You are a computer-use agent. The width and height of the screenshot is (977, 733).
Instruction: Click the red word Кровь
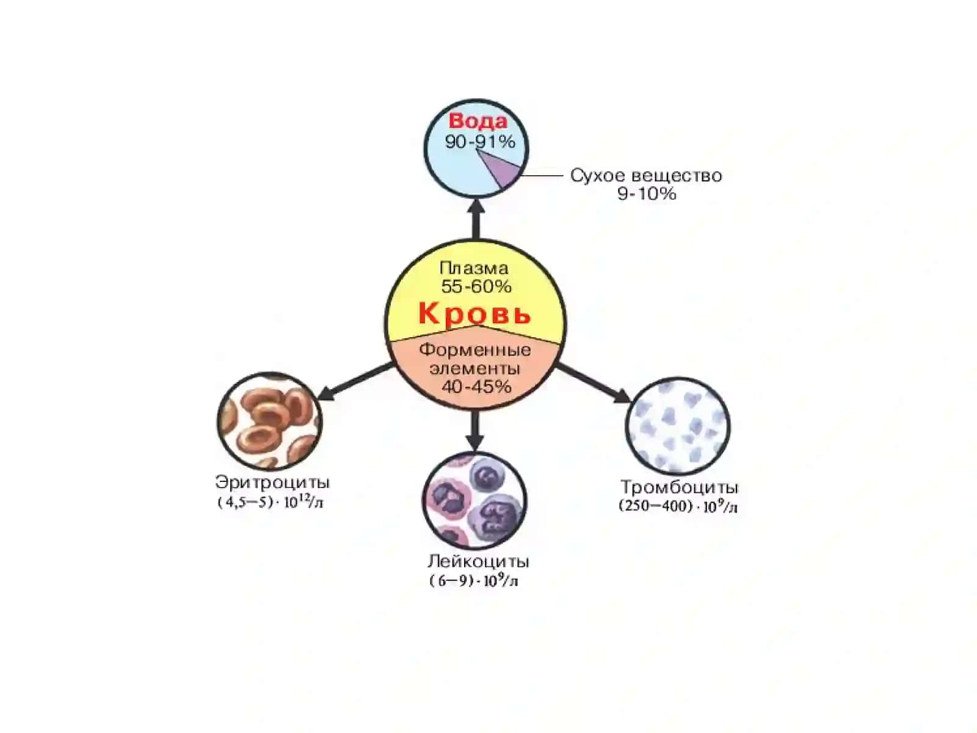coord(474,313)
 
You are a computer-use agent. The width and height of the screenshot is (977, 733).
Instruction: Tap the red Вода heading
coord(478,121)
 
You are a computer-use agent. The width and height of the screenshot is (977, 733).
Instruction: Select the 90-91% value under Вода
coord(480,142)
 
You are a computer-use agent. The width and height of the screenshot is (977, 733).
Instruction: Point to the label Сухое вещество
coord(646,175)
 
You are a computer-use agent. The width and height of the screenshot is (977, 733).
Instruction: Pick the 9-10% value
coord(646,194)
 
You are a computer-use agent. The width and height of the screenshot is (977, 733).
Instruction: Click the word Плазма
coord(474,268)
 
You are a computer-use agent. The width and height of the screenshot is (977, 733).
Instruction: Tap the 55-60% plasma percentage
coord(476,286)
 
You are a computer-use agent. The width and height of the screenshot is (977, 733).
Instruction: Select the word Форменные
coord(475,350)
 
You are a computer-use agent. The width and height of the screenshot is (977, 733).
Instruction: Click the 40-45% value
coord(476,387)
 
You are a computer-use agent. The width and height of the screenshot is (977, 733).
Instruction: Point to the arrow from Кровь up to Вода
coord(476,219)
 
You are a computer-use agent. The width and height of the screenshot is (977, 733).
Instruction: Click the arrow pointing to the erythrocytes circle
coord(356,381)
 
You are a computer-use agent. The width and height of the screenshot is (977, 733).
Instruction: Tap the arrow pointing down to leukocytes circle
coord(475,431)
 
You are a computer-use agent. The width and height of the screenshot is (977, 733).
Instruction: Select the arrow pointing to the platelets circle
coord(594,383)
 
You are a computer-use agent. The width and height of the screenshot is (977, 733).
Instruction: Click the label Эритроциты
coord(272,482)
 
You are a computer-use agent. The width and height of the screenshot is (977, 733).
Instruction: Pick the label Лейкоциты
coord(478,561)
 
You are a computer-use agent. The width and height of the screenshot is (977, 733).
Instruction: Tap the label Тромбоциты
coord(679,487)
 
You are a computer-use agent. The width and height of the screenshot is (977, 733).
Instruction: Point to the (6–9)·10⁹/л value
coord(474,580)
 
